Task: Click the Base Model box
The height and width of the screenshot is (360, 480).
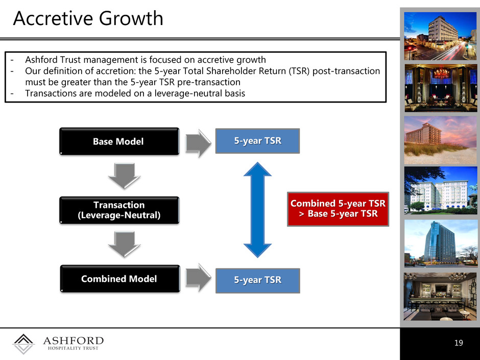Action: (x=119, y=141)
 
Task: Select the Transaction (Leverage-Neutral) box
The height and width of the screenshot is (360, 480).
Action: (x=119, y=210)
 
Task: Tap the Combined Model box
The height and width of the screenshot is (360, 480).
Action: (x=119, y=279)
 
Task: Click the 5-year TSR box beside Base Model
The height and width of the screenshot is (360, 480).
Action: (x=257, y=141)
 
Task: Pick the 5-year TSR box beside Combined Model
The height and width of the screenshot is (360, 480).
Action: (x=258, y=281)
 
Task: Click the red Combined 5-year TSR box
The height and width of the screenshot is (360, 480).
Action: (x=338, y=209)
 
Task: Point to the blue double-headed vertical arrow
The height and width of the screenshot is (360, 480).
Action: (x=257, y=210)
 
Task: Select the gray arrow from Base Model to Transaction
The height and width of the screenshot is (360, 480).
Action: (x=124, y=176)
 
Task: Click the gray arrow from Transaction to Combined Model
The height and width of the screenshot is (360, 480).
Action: (x=124, y=244)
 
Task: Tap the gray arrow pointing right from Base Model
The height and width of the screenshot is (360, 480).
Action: (x=198, y=143)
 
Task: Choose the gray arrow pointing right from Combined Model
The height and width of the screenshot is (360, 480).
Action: (x=198, y=277)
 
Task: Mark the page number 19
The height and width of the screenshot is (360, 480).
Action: (x=459, y=343)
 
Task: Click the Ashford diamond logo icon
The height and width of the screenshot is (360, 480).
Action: (x=23, y=344)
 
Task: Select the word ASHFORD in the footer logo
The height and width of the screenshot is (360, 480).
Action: (x=73, y=341)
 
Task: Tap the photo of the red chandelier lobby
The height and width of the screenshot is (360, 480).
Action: (x=441, y=88)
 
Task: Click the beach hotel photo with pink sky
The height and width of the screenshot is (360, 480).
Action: (x=441, y=140)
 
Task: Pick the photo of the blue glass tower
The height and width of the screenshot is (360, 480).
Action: (x=441, y=244)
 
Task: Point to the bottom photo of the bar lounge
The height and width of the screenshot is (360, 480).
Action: (x=441, y=297)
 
